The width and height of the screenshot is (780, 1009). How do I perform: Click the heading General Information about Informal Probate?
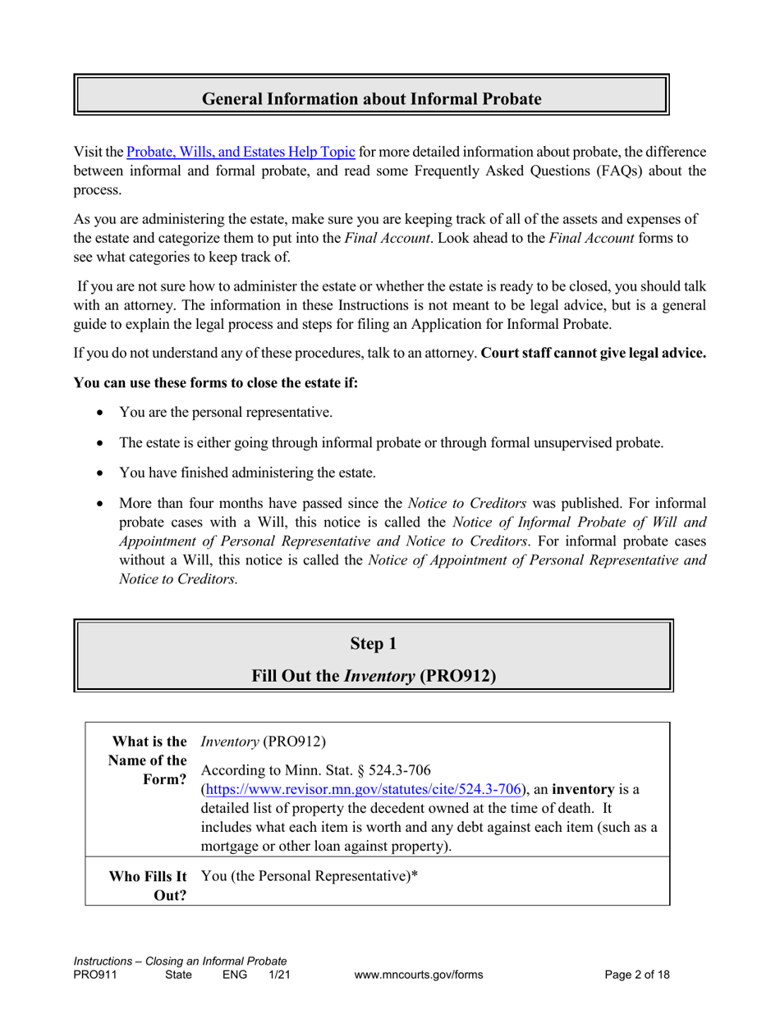(372, 99)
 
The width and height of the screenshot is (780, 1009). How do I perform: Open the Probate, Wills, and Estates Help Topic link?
(241, 152)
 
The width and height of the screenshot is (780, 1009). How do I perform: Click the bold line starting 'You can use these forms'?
(217, 383)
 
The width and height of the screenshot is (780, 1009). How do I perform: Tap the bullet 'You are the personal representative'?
(226, 413)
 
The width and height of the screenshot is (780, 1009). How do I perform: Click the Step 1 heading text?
(373, 644)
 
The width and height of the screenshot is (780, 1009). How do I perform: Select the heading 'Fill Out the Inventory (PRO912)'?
(374, 677)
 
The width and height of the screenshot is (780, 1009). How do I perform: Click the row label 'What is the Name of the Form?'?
(146, 760)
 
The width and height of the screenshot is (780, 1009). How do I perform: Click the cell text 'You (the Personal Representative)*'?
(309, 875)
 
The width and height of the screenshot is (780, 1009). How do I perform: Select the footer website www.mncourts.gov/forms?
(418, 975)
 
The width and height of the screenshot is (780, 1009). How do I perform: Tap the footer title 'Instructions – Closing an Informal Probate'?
(180, 961)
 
